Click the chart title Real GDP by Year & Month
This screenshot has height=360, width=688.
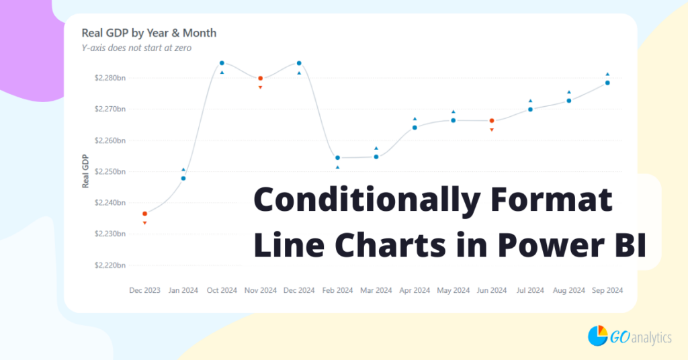tap(148, 32)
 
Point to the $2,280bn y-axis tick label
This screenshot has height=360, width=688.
tap(110, 78)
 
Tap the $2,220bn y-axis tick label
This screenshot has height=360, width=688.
tap(110, 265)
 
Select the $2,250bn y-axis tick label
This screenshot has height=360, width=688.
tap(110, 172)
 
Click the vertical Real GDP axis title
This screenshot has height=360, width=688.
tap(85, 171)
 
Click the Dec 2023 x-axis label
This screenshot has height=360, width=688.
tap(144, 290)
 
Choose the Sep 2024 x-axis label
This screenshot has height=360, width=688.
tap(607, 290)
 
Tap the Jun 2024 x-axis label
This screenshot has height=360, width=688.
tap(491, 290)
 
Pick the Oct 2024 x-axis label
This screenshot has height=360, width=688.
tap(222, 290)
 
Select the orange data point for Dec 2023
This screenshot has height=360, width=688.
tap(144, 214)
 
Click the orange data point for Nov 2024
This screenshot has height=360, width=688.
tap(261, 79)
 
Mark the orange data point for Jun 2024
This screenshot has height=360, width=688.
tap(492, 121)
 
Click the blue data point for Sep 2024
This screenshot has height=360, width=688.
tap(607, 83)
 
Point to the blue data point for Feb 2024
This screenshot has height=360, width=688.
tap(337, 158)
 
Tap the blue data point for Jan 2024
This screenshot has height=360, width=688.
tap(183, 178)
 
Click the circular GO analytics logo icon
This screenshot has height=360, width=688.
tap(597, 335)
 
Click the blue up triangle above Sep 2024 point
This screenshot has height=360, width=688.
tap(607, 75)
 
